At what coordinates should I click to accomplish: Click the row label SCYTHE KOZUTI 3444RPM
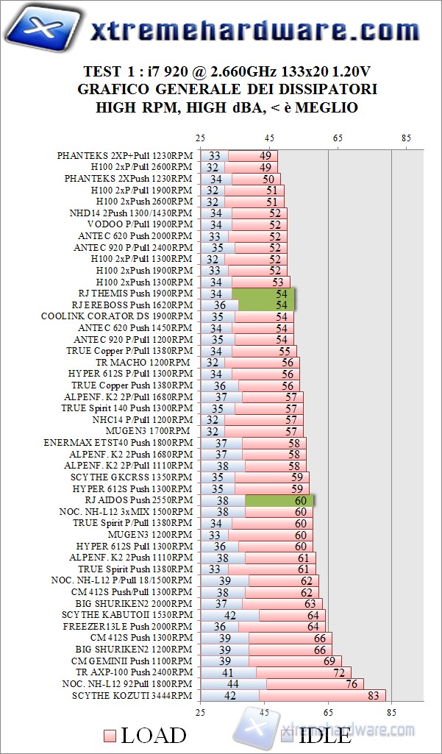[x=133, y=695]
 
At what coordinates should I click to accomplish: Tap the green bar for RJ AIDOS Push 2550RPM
[x=280, y=500]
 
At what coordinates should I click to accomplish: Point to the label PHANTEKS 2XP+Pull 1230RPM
[x=124, y=156]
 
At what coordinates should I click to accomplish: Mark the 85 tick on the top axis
[x=407, y=138]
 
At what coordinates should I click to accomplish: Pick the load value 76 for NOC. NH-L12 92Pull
[x=352, y=683]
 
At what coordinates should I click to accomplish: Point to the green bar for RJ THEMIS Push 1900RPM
[x=263, y=294]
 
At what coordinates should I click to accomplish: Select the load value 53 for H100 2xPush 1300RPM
[x=278, y=282]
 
